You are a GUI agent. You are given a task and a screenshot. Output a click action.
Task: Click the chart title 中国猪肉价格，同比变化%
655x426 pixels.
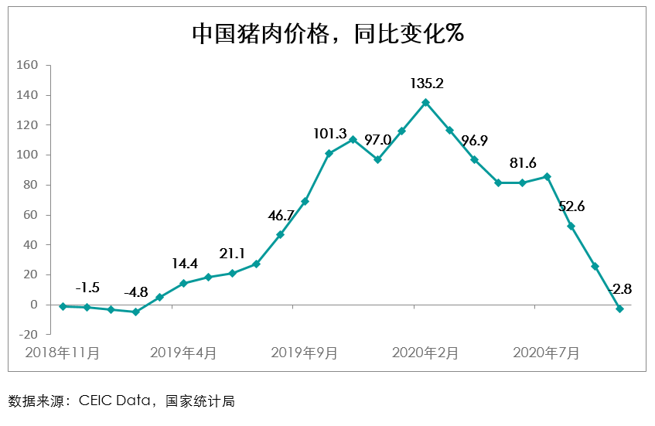pos(327,34)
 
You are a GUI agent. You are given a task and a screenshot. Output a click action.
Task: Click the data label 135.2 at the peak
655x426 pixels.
pos(425,83)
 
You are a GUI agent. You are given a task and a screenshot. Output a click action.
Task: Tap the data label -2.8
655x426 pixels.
pos(620,289)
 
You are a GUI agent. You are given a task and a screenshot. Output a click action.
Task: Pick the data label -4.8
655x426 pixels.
pos(135,293)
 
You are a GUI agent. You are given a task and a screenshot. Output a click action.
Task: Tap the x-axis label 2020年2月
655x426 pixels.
pos(425,353)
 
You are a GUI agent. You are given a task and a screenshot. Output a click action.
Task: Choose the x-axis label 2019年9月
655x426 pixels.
pos(304,353)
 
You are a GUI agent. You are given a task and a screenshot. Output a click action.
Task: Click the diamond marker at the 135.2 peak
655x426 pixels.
pos(425,102)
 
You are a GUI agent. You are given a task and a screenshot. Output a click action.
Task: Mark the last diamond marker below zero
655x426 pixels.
pos(619,308)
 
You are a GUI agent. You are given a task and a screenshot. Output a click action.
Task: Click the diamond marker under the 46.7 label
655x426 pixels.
pos(280,234)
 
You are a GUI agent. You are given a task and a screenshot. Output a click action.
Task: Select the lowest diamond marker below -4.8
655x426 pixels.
pos(135,312)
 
